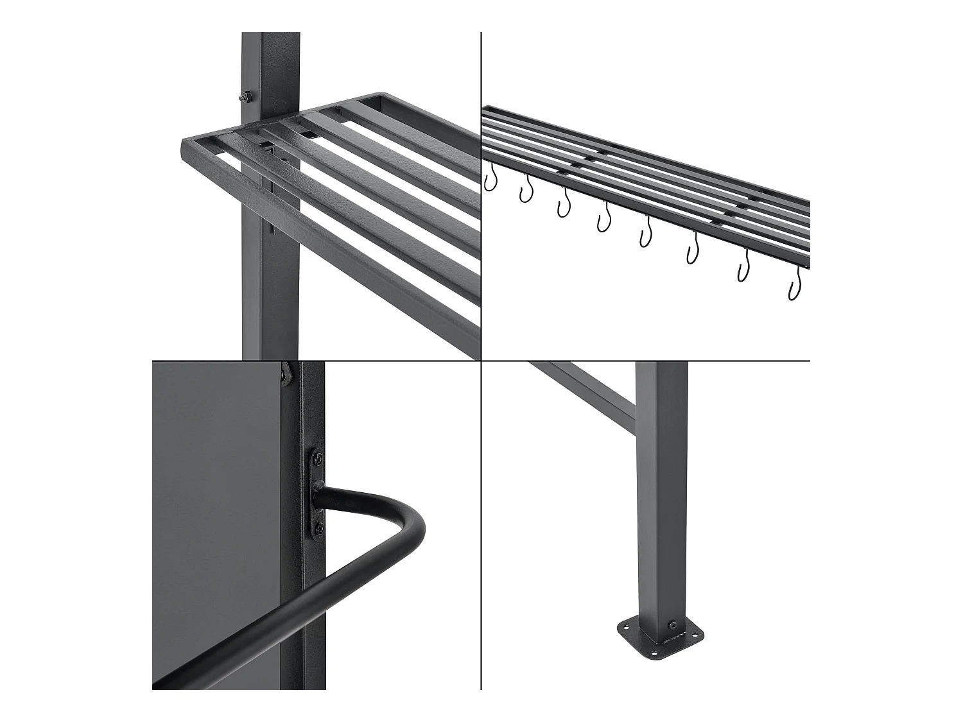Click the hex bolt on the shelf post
click(245, 97)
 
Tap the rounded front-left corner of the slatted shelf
click(184, 146)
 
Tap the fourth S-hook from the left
click(603, 218)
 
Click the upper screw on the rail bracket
click(318, 458)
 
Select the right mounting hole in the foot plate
click(698, 638)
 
